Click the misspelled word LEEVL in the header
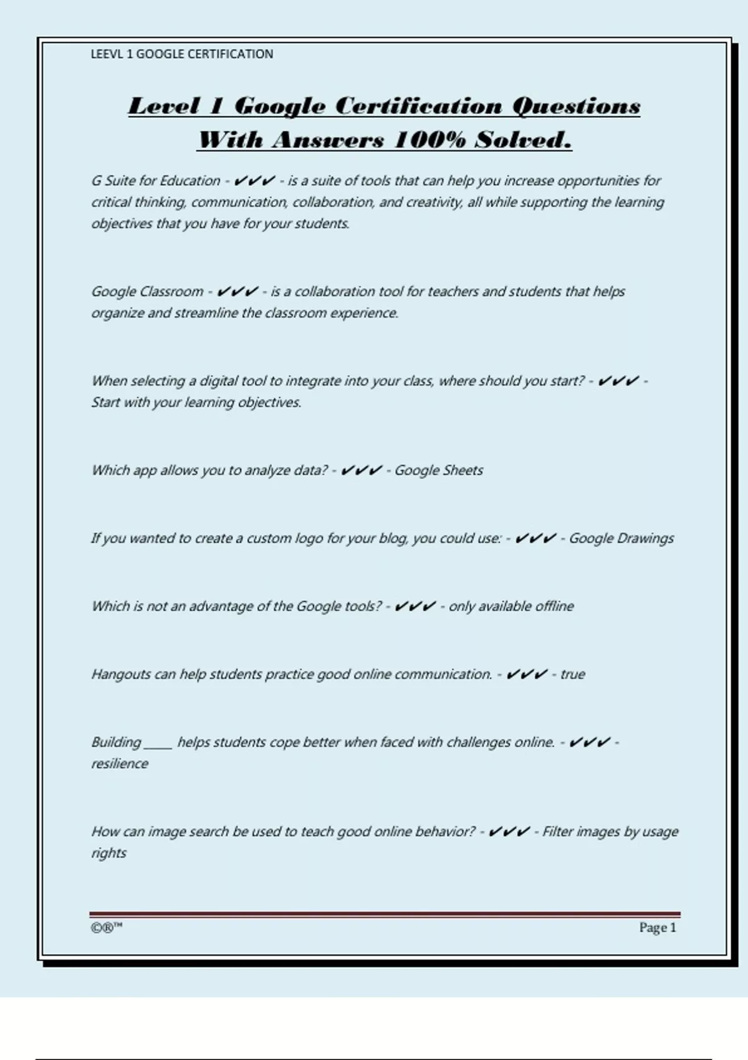(x=107, y=54)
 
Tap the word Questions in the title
(x=576, y=106)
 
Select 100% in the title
(x=429, y=140)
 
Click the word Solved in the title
(x=522, y=140)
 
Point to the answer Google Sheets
(x=438, y=470)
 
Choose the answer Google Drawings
(x=621, y=538)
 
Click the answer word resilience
(x=120, y=764)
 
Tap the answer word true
(x=572, y=674)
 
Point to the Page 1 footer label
(x=657, y=928)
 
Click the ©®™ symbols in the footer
(x=107, y=928)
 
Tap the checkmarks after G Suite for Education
(x=254, y=181)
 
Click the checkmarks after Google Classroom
(x=237, y=291)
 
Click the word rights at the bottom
(x=108, y=853)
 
